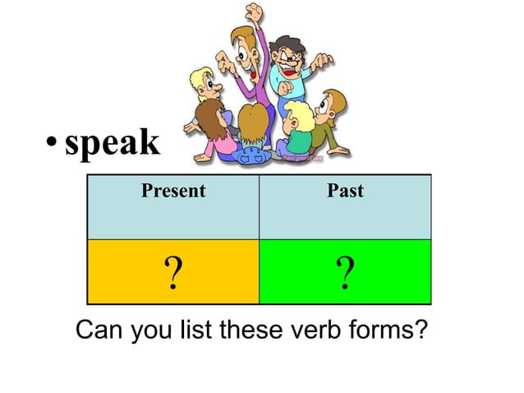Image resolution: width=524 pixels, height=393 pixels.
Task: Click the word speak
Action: coord(113,144)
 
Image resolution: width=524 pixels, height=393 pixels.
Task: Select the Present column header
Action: coord(172,192)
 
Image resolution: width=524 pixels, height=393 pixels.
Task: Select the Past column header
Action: coord(345,192)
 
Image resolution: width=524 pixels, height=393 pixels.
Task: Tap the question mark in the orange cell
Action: coord(172,273)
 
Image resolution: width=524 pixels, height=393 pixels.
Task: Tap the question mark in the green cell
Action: coord(345,273)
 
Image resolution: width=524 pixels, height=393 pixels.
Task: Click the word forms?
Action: coord(389,331)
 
